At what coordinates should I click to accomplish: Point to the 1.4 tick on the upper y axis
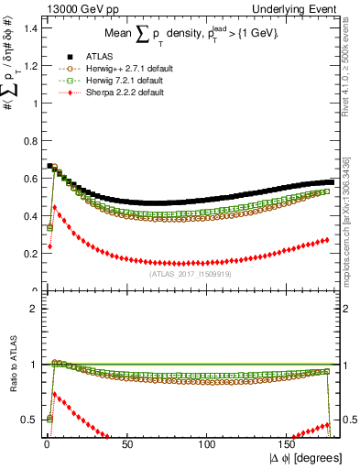(x=29, y=28)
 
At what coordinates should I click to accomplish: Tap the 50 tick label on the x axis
(x=126, y=444)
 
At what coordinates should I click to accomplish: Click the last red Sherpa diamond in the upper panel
(x=328, y=240)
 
